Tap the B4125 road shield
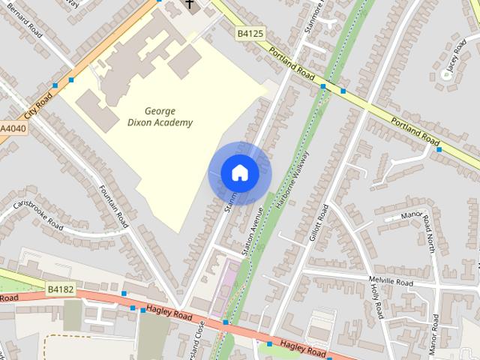(x=250, y=33)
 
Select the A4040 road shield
(x=13, y=129)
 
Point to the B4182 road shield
(x=60, y=288)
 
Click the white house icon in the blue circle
(x=239, y=173)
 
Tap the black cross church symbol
(x=190, y=5)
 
